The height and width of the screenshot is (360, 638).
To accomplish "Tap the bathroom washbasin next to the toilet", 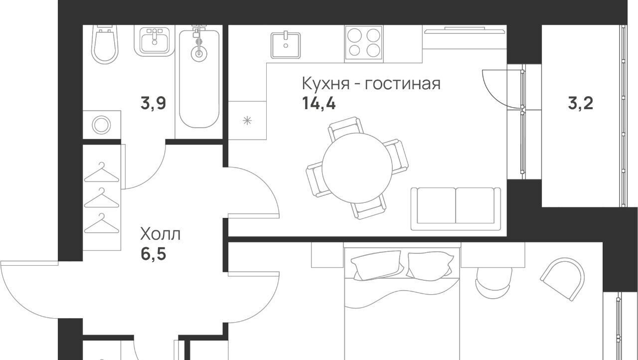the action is point(155,40).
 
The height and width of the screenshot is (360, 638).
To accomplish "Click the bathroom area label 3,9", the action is point(153,103).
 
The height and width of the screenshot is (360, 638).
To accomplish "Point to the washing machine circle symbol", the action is point(101,125).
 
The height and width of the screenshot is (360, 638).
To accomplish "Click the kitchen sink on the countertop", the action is point(286,45).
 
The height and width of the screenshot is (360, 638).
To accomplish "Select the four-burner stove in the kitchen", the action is point(363,43).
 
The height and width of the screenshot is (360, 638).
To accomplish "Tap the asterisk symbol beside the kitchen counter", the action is point(247,121).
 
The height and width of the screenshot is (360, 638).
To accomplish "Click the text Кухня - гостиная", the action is point(371,83).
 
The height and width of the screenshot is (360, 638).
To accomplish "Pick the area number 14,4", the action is point(319,103).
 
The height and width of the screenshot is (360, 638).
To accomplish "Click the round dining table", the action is point(357,168).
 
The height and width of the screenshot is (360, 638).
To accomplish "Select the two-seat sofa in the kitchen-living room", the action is point(456,209).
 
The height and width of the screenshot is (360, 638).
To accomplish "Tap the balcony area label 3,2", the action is point(581,103).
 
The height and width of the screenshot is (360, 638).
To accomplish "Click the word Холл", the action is point(160,234).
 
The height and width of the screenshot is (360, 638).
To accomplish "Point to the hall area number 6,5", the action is point(153,254).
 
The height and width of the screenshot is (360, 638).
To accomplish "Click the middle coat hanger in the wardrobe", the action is point(101,197).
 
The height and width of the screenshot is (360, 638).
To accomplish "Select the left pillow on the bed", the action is point(377,265).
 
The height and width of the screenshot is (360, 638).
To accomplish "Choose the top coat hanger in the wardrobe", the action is point(101,172).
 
